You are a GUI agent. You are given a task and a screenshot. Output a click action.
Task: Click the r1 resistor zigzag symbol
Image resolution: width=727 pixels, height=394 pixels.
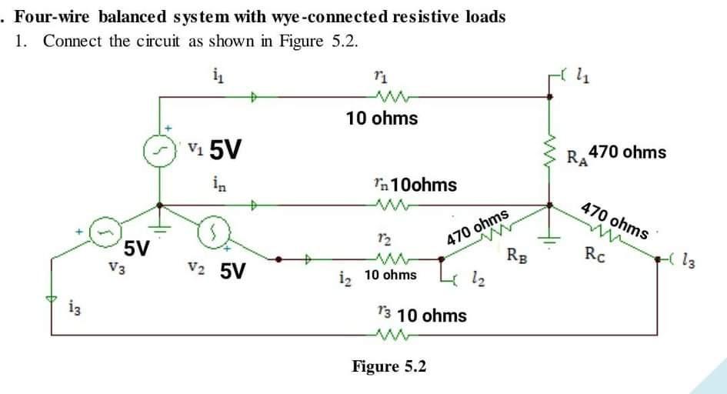pyautogui.click(x=382, y=97)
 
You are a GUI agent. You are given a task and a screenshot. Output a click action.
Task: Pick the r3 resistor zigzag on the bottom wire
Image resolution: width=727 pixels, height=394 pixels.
pyautogui.click(x=382, y=333)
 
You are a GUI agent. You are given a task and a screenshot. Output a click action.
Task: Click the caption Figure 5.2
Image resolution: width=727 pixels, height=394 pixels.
pyautogui.click(x=389, y=366)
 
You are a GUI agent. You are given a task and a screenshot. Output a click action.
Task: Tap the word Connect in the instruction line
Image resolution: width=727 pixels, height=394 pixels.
pyautogui.click(x=73, y=42)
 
